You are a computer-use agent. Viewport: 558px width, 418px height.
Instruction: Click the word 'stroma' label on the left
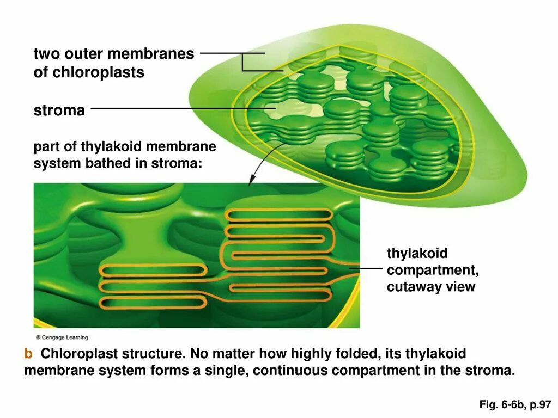click(x=59, y=111)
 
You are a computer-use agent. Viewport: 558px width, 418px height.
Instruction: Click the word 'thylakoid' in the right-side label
click(x=417, y=254)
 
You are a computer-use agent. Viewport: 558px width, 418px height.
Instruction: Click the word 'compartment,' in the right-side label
click(x=433, y=271)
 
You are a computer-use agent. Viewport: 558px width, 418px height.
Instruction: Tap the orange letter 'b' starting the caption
click(x=28, y=354)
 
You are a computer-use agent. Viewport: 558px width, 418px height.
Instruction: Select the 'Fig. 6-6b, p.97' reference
click(x=515, y=404)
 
